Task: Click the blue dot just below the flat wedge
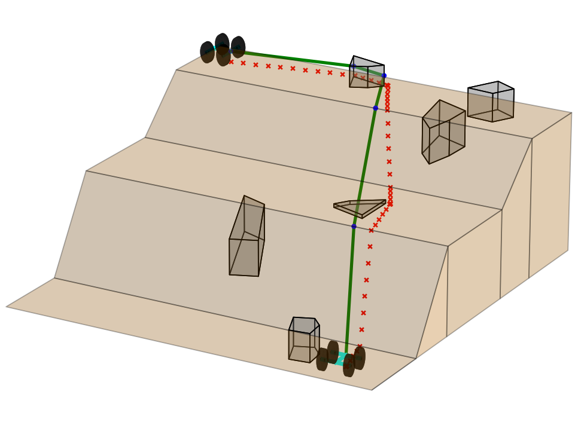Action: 354,227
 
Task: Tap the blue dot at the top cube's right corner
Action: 384,75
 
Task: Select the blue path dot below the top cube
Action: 375,108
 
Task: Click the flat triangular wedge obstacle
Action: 359,207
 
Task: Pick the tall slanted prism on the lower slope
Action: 247,239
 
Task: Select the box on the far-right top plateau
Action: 491,102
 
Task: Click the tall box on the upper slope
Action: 443,132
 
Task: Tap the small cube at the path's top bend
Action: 366,73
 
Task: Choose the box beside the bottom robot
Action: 303,340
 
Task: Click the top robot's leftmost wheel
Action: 207,52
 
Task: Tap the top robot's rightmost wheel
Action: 238,47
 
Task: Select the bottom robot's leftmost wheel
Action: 322,359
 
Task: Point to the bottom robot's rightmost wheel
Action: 360,358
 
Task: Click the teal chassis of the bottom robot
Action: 341,359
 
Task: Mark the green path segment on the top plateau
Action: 299,58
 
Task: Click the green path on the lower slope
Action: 349,287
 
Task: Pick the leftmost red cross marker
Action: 231,62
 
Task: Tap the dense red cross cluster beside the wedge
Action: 390,195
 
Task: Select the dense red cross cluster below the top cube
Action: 387,97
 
